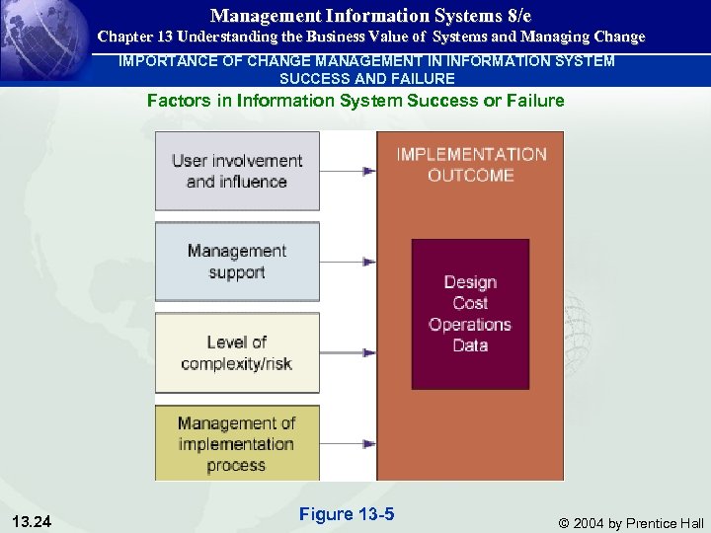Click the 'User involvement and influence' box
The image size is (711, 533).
pyautogui.click(x=237, y=171)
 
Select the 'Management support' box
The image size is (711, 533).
pyautogui.click(x=237, y=262)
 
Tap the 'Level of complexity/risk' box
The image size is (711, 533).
pyautogui.click(x=237, y=352)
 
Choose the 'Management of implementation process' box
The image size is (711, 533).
pyautogui.click(x=237, y=443)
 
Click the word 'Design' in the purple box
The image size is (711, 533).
pyautogui.click(x=470, y=282)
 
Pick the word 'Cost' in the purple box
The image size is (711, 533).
pyautogui.click(x=470, y=303)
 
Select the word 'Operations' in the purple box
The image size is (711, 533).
pyautogui.click(x=470, y=324)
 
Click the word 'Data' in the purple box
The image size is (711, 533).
pyautogui.click(x=470, y=344)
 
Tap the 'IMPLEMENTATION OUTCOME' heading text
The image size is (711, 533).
pyautogui.click(x=471, y=164)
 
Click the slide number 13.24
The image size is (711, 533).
pyautogui.click(x=34, y=521)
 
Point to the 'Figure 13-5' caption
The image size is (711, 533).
pyautogui.click(x=346, y=513)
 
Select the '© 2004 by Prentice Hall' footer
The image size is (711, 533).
pyautogui.click(x=631, y=522)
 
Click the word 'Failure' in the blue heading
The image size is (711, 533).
pyautogui.click(x=532, y=100)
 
